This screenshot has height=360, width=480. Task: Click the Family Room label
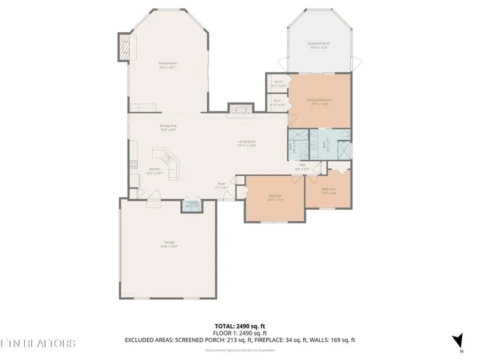point(167,63)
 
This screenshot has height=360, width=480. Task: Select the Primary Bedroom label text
point(319,100)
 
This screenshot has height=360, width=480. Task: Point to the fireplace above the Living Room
point(240,109)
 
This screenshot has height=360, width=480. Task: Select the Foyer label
point(222,183)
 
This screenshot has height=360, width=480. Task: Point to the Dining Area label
point(168,126)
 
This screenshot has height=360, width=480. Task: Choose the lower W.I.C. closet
point(277,102)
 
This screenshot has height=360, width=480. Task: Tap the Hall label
point(303,165)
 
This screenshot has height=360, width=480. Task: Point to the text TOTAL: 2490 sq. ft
point(240,326)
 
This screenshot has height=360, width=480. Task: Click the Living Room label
point(247,141)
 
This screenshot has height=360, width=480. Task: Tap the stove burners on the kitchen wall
point(133,165)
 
